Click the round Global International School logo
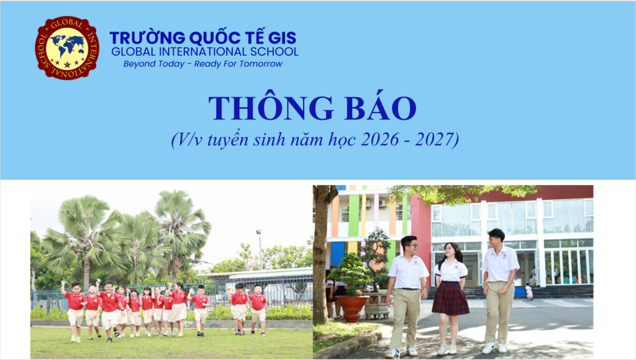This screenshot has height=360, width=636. (x=67, y=48)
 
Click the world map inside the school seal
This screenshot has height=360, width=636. (x=67, y=45)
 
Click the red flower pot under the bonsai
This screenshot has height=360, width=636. (x=352, y=308)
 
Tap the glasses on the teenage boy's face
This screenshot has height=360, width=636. (x=411, y=246)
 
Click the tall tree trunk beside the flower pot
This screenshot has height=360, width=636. (x=320, y=254)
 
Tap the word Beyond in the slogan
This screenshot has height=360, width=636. (x=139, y=64)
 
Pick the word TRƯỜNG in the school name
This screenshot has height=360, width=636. (x=147, y=37)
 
